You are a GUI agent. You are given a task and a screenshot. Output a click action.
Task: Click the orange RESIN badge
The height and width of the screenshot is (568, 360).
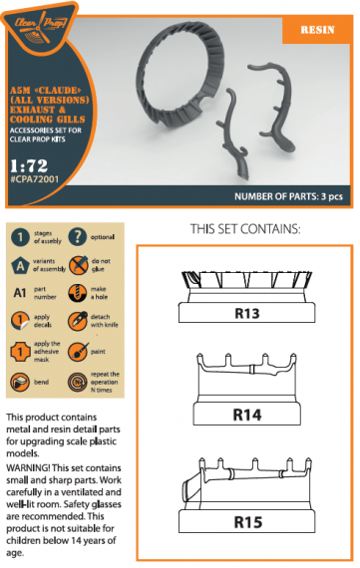[x=318, y=31]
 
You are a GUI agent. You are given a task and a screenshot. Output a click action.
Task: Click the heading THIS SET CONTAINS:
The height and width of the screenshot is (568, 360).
[x=244, y=230]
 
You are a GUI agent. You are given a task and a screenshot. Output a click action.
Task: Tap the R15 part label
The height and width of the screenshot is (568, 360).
[x=246, y=520]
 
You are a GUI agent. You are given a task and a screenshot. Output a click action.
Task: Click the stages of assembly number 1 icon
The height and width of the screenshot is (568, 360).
[x=20, y=237]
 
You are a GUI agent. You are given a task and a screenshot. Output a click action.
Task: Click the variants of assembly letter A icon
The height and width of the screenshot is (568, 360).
[x=20, y=266]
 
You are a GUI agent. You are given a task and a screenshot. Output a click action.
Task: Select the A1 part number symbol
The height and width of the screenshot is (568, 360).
[x=20, y=295]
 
